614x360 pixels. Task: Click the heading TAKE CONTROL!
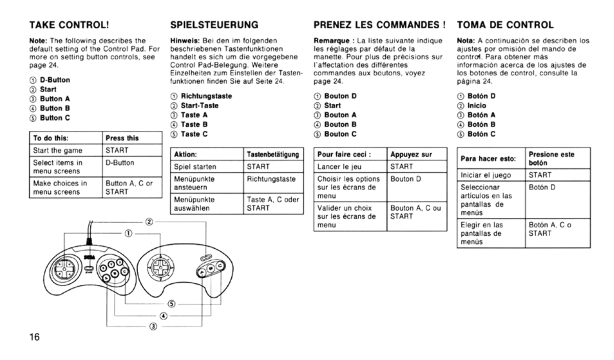69,25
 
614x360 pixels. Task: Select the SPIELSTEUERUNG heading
214,25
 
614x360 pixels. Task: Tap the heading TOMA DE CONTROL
505,25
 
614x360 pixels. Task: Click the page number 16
35,336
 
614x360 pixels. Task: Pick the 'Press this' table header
122,138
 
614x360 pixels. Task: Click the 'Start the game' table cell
57,150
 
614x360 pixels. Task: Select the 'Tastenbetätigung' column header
273,154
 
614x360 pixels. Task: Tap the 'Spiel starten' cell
195,167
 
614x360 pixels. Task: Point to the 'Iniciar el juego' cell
486,175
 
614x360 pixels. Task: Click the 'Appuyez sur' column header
411,154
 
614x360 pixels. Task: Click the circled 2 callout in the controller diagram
149,221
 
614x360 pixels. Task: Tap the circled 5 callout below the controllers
171,304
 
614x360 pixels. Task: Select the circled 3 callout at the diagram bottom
153,327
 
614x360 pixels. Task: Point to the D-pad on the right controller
160,267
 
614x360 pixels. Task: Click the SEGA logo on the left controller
90,257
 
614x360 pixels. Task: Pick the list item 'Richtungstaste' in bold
206,96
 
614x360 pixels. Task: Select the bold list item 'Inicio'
477,106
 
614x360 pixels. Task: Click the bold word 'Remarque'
332,41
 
